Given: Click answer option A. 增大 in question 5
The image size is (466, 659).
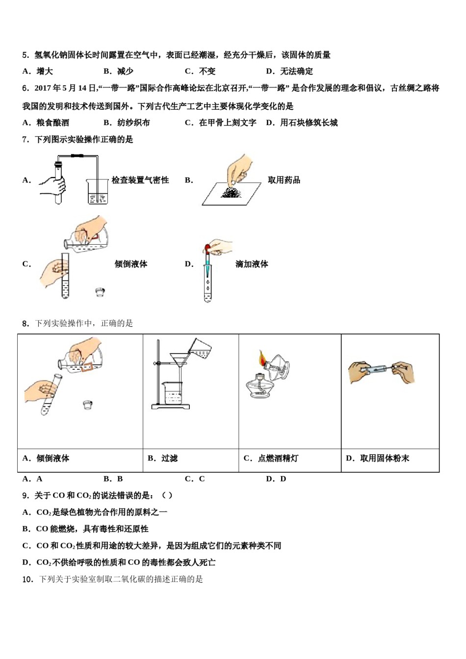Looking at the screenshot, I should (x=38, y=71).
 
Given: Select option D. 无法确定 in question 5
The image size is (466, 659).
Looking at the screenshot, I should (x=289, y=71).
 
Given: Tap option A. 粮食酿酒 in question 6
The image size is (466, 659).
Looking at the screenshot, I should (x=46, y=123).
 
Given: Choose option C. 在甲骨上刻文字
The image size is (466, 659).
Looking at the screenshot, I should (x=221, y=123).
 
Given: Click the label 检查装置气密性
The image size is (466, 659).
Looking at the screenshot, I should (x=140, y=180).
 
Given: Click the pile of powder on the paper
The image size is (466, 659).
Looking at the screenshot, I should (x=231, y=192).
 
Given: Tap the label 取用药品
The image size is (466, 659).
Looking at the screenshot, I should (x=284, y=180).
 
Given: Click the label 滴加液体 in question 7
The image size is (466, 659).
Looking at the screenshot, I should (x=252, y=264).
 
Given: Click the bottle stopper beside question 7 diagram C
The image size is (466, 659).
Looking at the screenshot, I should (x=100, y=292).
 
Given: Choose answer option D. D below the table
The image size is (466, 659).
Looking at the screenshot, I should (x=276, y=479).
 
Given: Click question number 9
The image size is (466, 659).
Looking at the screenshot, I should (x=26, y=495).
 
